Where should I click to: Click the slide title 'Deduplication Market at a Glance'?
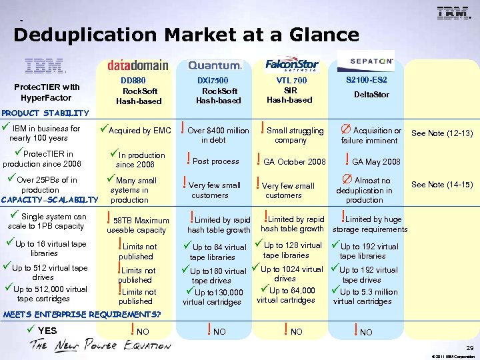pos(155,35)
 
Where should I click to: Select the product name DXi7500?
pos(213,81)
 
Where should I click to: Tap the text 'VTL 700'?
pos(291,81)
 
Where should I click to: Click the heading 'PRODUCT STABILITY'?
pos(45,113)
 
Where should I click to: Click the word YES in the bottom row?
pos(47,331)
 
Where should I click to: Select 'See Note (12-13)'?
pos(443,133)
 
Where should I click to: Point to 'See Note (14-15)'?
pos(443,185)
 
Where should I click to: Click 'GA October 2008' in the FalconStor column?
pos(295,162)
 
